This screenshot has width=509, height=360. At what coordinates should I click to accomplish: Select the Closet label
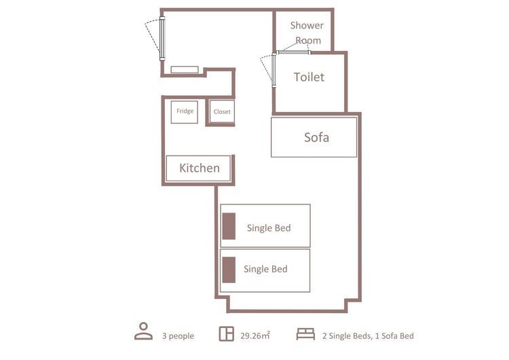pyautogui.click(x=222, y=112)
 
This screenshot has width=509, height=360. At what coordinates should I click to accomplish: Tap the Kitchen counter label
pyautogui.click(x=200, y=168)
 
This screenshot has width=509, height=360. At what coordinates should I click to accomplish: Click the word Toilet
pyautogui.click(x=309, y=77)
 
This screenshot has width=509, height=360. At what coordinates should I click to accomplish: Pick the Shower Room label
pyautogui.click(x=307, y=33)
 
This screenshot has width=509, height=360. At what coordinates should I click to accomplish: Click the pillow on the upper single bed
pyautogui.click(x=229, y=226)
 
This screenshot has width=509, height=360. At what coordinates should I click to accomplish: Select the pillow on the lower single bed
pyautogui.click(x=229, y=270)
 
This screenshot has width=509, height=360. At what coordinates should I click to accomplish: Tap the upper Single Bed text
pyautogui.click(x=269, y=228)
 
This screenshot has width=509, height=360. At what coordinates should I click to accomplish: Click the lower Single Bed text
pyautogui.click(x=265, y=269)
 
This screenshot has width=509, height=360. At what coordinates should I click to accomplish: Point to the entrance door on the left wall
pyautogui.click(x=162, y=39)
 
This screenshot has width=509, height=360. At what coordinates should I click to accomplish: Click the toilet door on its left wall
pyautogui.click(x=274, y=70)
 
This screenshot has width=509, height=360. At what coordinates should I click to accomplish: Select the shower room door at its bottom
pyautogui.click(x=294, y=52)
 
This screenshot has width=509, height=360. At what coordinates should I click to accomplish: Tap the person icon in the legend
pyautogui.click(x=143, y=331)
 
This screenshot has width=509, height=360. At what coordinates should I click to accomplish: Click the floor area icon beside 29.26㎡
pyautogui.click(x=226, y=334)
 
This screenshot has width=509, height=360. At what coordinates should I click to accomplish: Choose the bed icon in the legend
pyautogui.click(x=305, y=334)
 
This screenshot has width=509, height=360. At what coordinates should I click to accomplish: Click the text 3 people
pyautogui.click(x=178, y=336)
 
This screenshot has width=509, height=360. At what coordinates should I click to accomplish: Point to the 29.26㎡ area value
pyautogui.click(x=255, y=336)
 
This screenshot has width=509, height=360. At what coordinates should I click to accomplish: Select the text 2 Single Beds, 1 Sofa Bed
pyautogui.click(x=368, y=336)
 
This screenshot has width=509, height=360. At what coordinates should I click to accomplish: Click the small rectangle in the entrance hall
pyautogui.click(x=185, y=69)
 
